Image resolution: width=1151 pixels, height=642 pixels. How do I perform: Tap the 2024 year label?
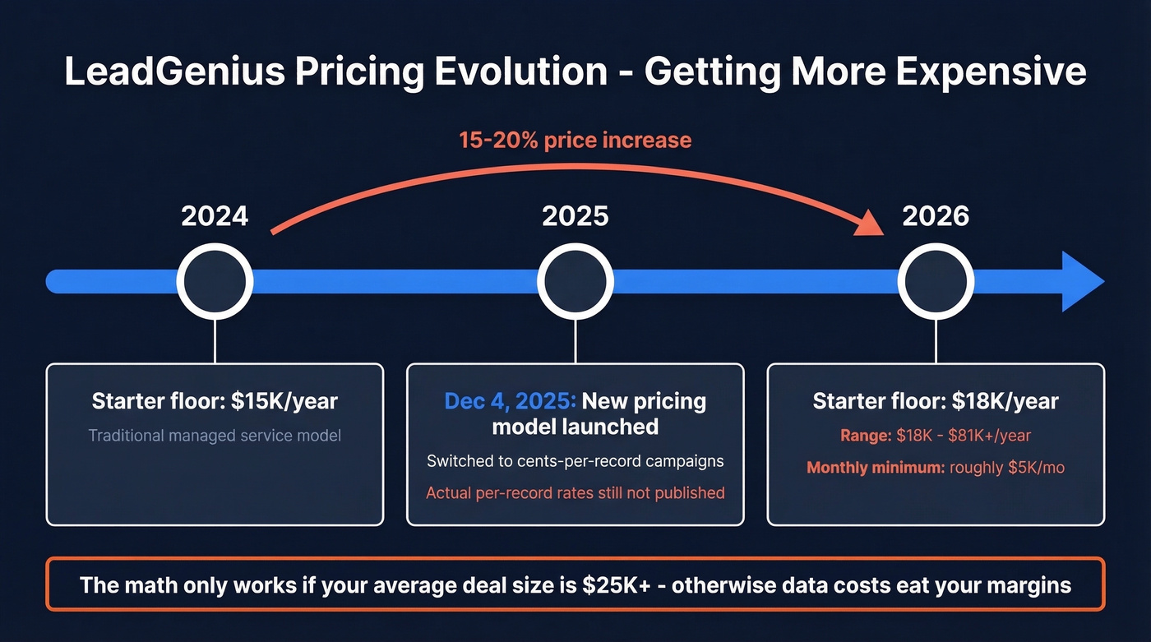pyautogui.click(x=215, y=216)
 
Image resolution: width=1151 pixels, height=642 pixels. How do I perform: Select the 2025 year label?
pyautogui.click(x=575, y=216)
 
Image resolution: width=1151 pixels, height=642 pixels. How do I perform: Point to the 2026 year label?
pyautogui.click(x=936, y=216)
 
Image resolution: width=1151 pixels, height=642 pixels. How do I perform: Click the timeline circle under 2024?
pyautogui.click(x=215, y=282)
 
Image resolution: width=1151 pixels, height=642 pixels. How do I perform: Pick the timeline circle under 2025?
pyautogui.click(x=575, y=282)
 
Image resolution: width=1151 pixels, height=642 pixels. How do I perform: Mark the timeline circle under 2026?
pyautogui.click(x=936, y=282)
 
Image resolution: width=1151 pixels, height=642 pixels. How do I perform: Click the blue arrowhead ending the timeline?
pyautogui.click(x=1080, y=282)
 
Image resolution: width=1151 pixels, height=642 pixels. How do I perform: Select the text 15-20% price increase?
pyautogui.click(x=575, y=140)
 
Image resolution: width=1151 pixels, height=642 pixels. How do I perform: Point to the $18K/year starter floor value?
pyautogui.click(x=1005, y=401)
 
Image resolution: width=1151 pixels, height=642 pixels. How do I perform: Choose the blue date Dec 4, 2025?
pyautogui.click(x=510, y=401)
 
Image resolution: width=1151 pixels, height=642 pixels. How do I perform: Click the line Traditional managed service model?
pyautogui.click(x=215, y=435)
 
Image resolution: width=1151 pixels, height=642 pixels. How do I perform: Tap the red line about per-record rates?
pyautogui.click(x=575, y=493)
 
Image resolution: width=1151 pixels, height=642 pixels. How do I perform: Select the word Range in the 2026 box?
pyautogui.click(x=865, y=436)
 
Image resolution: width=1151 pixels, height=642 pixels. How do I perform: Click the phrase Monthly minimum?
pyautogui.click(x=875, y=468)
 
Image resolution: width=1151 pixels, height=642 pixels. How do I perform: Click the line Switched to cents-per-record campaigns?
pyautogui.click(x=575, y=460)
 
